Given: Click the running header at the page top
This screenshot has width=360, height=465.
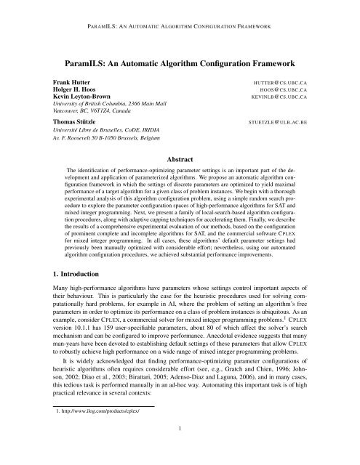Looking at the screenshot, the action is [180, 12].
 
